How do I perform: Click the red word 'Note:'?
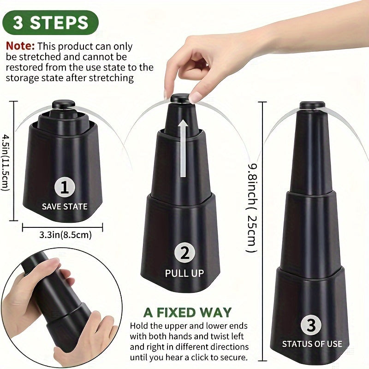20,47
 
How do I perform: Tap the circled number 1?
65,187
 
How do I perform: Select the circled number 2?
184,253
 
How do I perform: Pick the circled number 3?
311,325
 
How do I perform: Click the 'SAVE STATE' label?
65,206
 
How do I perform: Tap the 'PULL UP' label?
184,273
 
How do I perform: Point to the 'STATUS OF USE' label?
312,344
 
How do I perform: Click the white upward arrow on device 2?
184,148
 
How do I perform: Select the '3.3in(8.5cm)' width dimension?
64,235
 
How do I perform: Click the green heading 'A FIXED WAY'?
187,312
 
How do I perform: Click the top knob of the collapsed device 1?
61,104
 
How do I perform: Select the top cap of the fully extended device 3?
312,105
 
